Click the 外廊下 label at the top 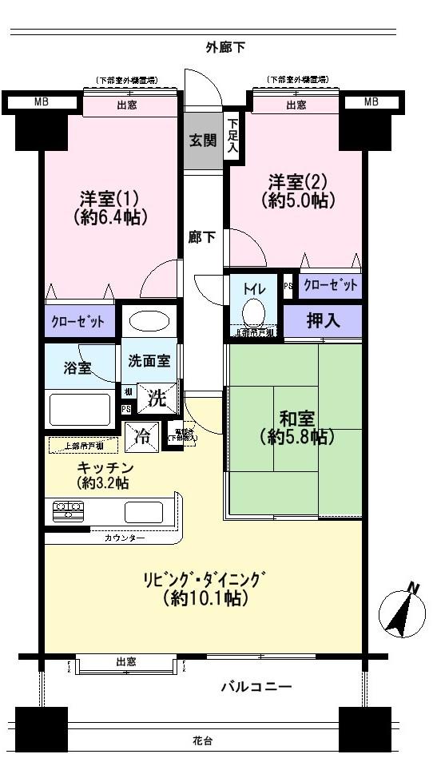coord(224,48)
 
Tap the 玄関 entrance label coord(202,141)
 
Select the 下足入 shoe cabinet coord(232,136)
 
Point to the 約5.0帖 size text coord(297,201)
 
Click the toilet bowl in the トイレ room coord(255,312)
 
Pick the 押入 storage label coord(323,321)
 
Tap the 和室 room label coord(296,417)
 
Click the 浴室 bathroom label coord(77,369)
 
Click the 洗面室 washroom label coord(149,361)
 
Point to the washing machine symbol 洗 coord(157,398)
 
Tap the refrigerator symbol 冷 coord(142,437)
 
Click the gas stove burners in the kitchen coord(68,510)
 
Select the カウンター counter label coord(124,538)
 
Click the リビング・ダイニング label coord(205,579)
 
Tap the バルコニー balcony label coord(256,686)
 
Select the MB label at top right coord(371,101)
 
